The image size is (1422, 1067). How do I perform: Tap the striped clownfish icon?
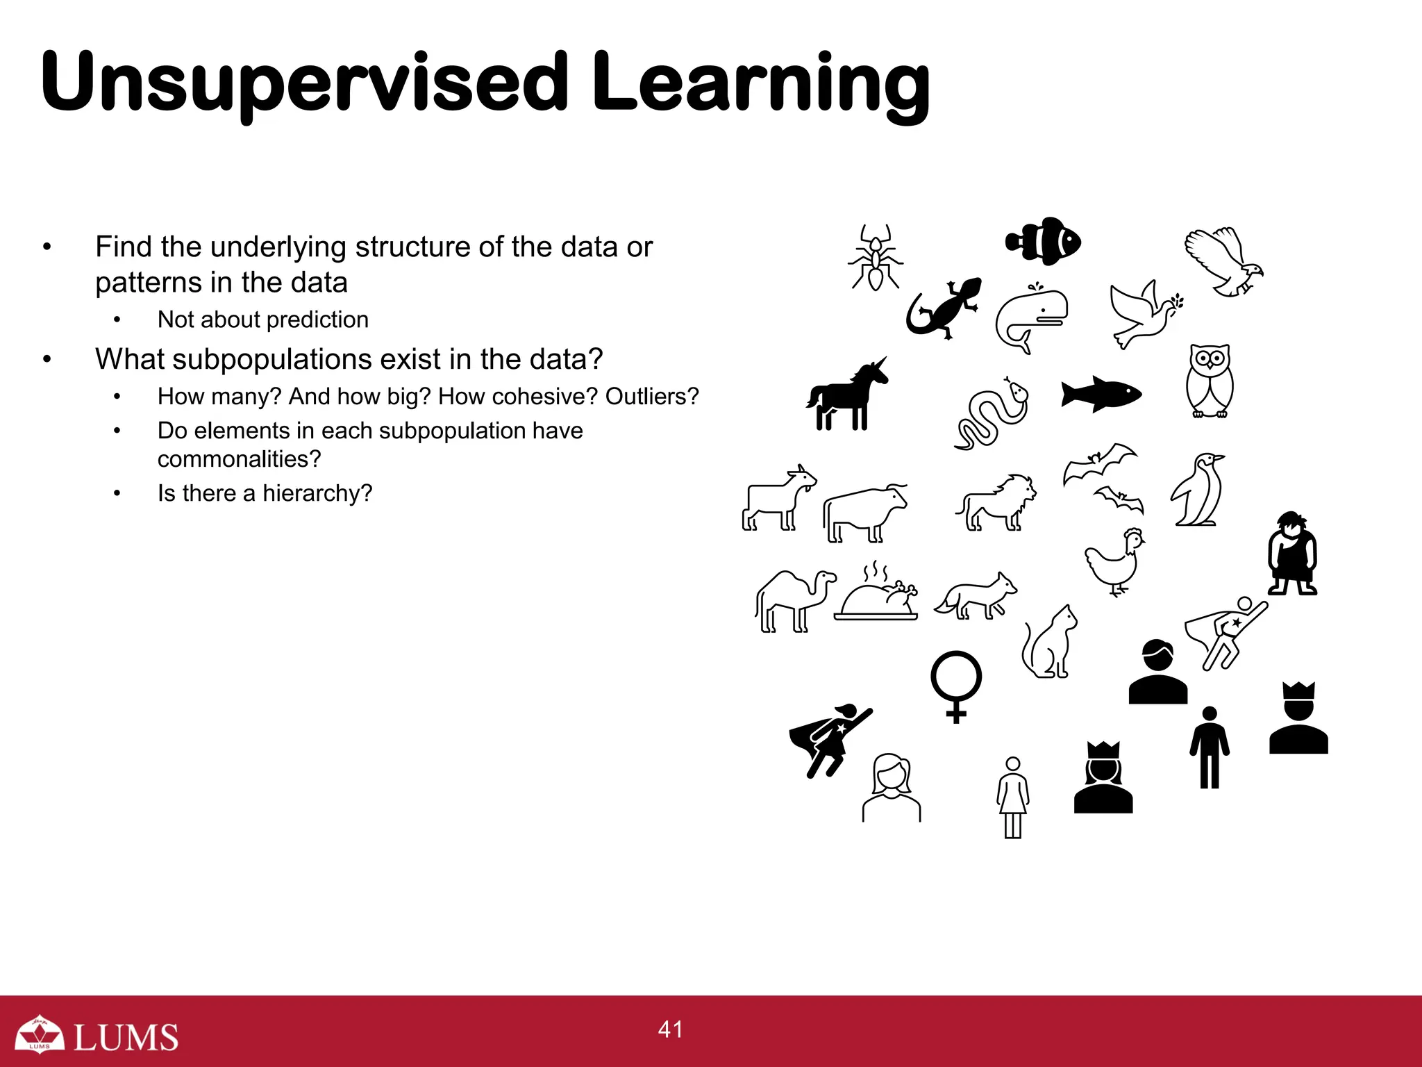pos(1044,242)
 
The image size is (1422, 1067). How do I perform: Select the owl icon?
pos(1210,381)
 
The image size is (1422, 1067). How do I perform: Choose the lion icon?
pos(996,503)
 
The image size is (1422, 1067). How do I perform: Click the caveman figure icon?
pos(1292,554)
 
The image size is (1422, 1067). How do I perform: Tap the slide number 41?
pos(671,1029)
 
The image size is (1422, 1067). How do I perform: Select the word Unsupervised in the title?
pos(304,82)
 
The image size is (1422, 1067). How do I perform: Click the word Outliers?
pos(651,397)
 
